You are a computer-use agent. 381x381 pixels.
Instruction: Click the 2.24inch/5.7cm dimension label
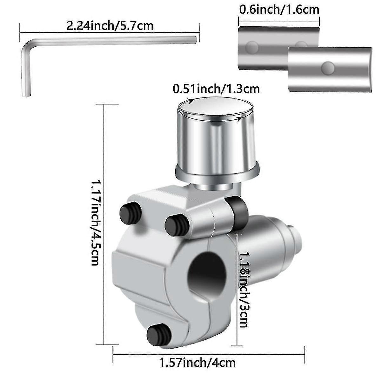click(x=110, y=25)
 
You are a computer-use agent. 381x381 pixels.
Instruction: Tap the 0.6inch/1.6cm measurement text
click(x=279, y=10)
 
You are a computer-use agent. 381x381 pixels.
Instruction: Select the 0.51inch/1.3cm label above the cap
click(x=216, y=89)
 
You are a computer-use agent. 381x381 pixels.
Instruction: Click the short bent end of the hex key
click(x=26, y=73)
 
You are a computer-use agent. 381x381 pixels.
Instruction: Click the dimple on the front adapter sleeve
click(x=327, y=68)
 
